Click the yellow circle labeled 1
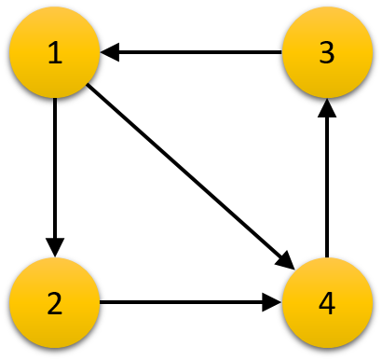click(x=54, y=53)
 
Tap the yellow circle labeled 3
click(x=327, y=53)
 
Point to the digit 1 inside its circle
click(x=54, y=53)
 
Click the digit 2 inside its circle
click(x=54, y=304)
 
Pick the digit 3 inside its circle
click(x=327, y=53)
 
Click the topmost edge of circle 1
click(x=54, y=8)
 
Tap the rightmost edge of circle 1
click(x=99, y=53)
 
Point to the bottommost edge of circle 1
click(x=54, y=98)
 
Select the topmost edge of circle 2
click(x=54, y=258)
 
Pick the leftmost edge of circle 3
click(x=282, y=53)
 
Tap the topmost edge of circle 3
click(x=327, y=8)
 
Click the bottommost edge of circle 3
click(x=327, y=98)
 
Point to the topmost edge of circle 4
click(x=327, y=258)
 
